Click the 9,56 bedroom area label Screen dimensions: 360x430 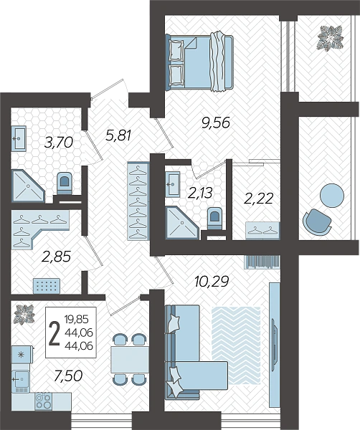point(215,123)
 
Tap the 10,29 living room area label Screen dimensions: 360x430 point(211,282)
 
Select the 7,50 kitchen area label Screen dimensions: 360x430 point(68,376)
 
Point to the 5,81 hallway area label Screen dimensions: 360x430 point(119,135)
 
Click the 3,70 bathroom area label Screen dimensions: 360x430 point(58,143)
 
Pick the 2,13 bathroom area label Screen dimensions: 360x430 point(200,193)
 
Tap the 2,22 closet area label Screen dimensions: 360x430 point(258,199)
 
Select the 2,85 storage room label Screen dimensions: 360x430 point(56,257)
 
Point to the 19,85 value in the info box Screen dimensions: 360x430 point(77,319)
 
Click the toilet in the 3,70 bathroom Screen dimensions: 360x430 point(65,183)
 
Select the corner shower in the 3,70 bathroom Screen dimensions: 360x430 point(28,186)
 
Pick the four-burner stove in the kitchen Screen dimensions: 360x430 point(44,401)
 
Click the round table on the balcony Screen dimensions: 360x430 point(332,196)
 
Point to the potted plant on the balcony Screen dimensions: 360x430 point(331,38)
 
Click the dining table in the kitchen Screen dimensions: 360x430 point(130,360)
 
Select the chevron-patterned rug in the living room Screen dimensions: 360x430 point(236,345)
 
